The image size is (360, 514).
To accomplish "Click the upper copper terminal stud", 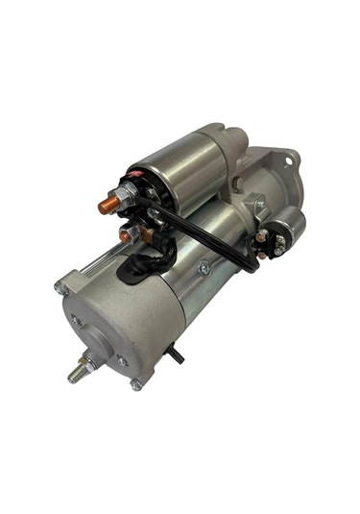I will click(x=108, y=203).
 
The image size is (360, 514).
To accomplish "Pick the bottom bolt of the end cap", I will click(x=135, y=385).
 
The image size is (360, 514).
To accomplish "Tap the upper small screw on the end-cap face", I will click(x=77, y=318).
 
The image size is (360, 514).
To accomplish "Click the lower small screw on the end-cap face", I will click(x=122, y=360).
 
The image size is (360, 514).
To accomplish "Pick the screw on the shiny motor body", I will click(x=204, y=269).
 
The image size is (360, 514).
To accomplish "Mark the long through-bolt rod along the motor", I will click(x=96, y=262).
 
